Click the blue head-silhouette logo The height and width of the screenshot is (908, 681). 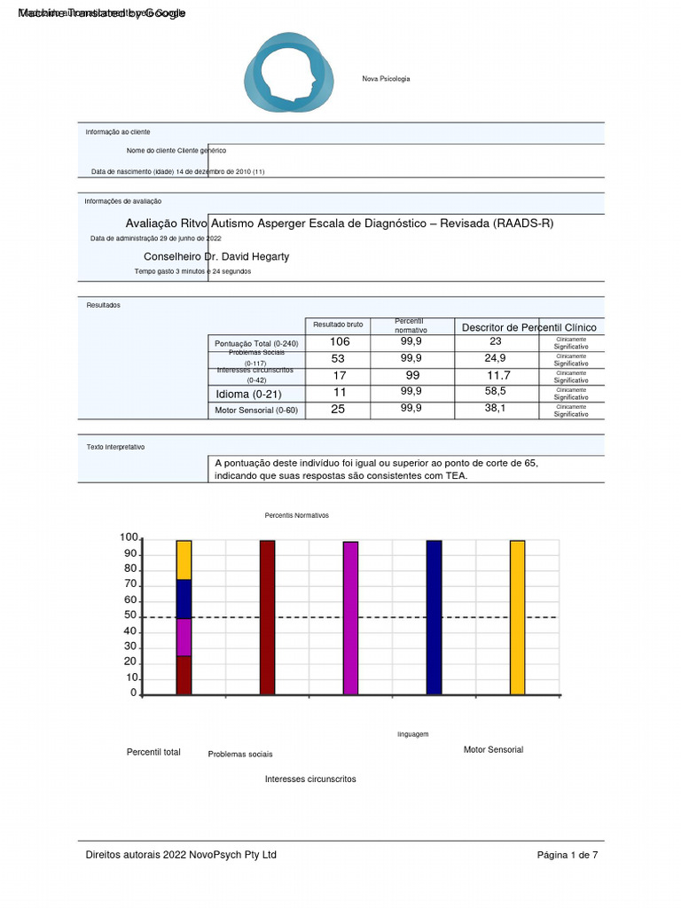pyautogui.click(x=290, y=73)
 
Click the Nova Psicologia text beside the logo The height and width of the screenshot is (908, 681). pyautogui.click(x=386, y=80)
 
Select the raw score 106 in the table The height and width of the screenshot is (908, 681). pyautogui.click(x=340, y=341)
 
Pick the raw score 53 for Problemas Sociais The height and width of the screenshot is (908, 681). pyautogui.click(x=338, y=358)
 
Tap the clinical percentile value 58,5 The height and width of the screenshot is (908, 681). pyautogui.click(x=496, y=391)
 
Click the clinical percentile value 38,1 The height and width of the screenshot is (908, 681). pyautogui.click(x=495, y=409)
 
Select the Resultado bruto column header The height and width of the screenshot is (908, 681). pyautogui.click(x=339, y=325)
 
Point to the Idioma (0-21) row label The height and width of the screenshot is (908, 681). pyautogui.click(x=248, y=394)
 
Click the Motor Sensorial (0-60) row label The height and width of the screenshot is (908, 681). pyautogui.click(x=257, y=411)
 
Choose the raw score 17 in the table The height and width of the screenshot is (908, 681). pyautogui.click(x=340, y=375)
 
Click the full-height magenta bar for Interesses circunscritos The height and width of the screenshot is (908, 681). pyautogui.click(x=350, y=617)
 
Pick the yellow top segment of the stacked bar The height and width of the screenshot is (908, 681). pyautogui.click(x=184, y=560)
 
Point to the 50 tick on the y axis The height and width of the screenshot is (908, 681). pyautogui.click(x=129, y=615)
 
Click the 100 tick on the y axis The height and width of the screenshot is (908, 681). pyautogui.click(x=129, y=538)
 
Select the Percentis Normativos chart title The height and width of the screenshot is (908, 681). pyautogui.click(x=296, y=515)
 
